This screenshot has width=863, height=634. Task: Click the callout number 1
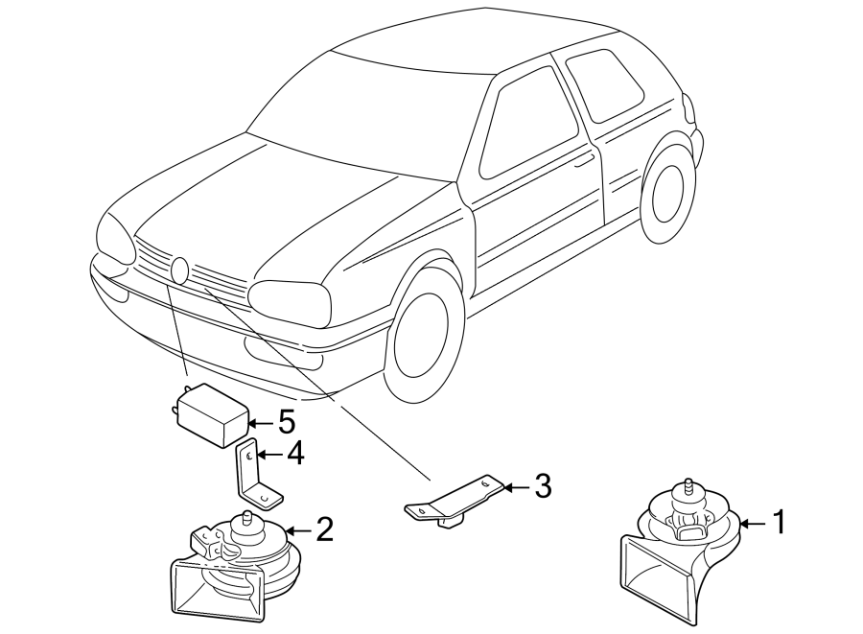779,523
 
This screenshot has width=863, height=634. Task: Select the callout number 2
324,529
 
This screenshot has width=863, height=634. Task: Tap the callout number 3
543,486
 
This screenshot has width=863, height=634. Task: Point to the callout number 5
286,422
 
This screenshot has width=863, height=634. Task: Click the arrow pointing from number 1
754,524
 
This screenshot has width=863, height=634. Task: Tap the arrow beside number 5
261,423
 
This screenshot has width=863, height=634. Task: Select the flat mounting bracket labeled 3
455,501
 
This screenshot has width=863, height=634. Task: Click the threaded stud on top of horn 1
688,487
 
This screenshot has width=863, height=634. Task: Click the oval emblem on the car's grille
180,270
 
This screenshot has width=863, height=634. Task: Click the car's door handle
583,161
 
